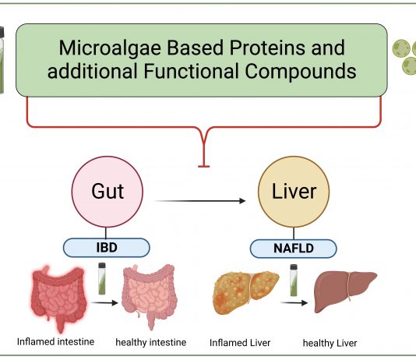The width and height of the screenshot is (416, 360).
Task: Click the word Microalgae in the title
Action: tap(110, 48)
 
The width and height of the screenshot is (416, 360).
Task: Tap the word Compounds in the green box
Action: tap(301, 72)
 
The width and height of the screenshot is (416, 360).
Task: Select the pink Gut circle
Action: tap(108, 192)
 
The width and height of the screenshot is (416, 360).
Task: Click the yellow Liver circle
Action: tap(294, 192)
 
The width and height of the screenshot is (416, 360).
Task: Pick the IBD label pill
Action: tap(107, 248)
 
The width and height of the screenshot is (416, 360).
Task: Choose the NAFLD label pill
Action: tap(294, 249)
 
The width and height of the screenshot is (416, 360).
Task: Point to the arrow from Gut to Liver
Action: tap(199, 201)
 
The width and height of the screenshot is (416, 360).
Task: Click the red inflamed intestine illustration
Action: tap(59, 298)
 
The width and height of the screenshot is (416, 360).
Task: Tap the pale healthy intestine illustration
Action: tap(150, 297)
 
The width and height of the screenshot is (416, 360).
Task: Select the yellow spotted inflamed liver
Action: tap(245, 293)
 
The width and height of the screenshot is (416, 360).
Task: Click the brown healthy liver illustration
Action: tap(345, 291)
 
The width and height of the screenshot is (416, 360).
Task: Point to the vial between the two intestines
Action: tap(102, 278)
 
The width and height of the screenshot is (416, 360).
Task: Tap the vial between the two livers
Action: tap(294, 281)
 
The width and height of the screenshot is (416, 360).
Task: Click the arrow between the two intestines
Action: tap(104, 302)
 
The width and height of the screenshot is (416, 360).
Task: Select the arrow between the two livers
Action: tap(294, 302)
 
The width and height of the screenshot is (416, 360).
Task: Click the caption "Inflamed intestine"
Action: tap(56, 342)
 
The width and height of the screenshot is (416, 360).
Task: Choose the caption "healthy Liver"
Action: tap(330, 344)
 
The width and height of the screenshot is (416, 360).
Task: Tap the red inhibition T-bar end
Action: tap(204, 166)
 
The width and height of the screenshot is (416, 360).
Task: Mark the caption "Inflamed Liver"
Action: tap(240, 343)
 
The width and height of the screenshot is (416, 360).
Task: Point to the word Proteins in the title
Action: tap(268, 48)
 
